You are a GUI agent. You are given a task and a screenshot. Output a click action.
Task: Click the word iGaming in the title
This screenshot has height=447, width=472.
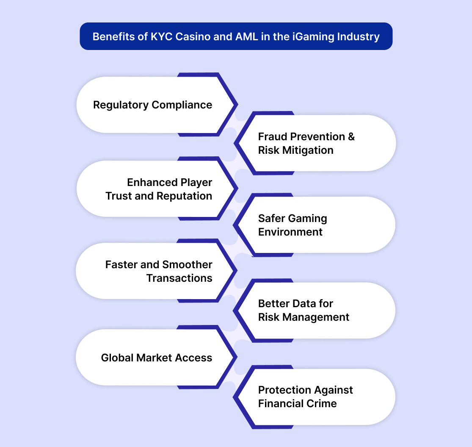pos(313,37)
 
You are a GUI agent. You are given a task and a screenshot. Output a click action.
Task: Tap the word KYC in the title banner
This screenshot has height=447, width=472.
pos(162,36)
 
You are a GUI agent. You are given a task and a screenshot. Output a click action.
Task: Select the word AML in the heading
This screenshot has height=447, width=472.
pos(246,36)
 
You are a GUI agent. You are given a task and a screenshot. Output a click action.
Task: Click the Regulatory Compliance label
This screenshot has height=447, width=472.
pos(153,105)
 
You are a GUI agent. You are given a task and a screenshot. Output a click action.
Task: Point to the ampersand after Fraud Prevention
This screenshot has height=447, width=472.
pos(351,136)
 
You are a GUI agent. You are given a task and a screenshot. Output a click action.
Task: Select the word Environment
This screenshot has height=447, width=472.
pos(290,232)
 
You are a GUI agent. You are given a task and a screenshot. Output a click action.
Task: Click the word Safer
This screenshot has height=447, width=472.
pos(271,218)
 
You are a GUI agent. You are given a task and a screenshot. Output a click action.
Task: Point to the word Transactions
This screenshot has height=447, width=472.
pos(179,278)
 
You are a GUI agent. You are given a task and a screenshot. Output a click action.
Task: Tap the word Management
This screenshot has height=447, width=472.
pos(316,317)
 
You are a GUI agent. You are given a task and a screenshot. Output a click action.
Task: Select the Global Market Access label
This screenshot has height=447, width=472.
pos(157,358)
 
